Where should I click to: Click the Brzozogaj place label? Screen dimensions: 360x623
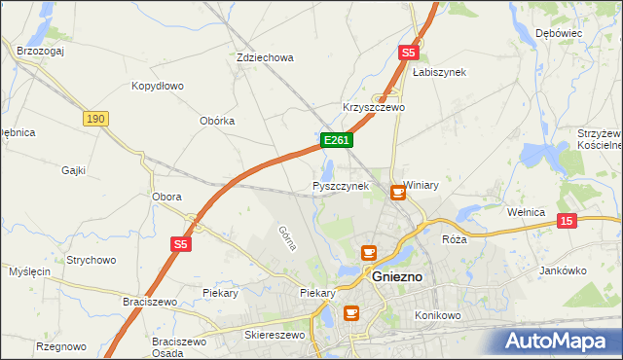coord(40,51)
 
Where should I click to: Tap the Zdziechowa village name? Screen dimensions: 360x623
coord(265,57)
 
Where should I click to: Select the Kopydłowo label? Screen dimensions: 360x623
coord(158,86)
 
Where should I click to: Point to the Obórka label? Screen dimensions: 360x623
coord(216,121)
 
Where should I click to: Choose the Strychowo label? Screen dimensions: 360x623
coord(92,260)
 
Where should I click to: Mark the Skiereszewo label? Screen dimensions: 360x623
coord(275,335)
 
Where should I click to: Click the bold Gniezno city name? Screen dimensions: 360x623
coord(398,276)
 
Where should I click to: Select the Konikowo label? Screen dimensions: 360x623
coord(436,317)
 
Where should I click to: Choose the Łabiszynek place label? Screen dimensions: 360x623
coord(439,72)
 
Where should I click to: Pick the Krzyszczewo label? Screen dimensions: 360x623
coord(373,107)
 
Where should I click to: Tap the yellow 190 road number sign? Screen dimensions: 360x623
coord(94,118)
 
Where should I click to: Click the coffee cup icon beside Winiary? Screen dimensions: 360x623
coord(397,193)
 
